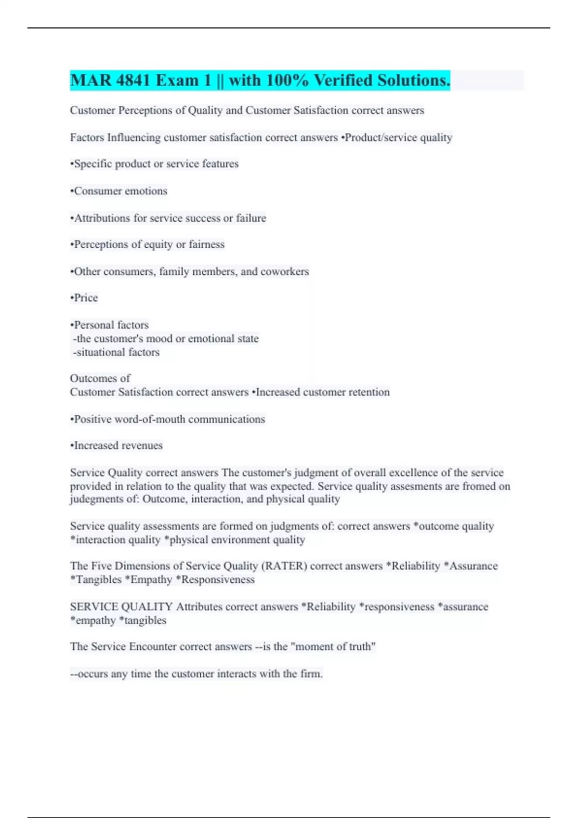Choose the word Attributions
pos(102,218)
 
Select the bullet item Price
pos(85,298)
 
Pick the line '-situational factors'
pos(116,352)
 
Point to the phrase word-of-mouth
pos(150,419)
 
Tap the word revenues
pos(141,446)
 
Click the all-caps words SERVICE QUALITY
pos(121,607)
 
